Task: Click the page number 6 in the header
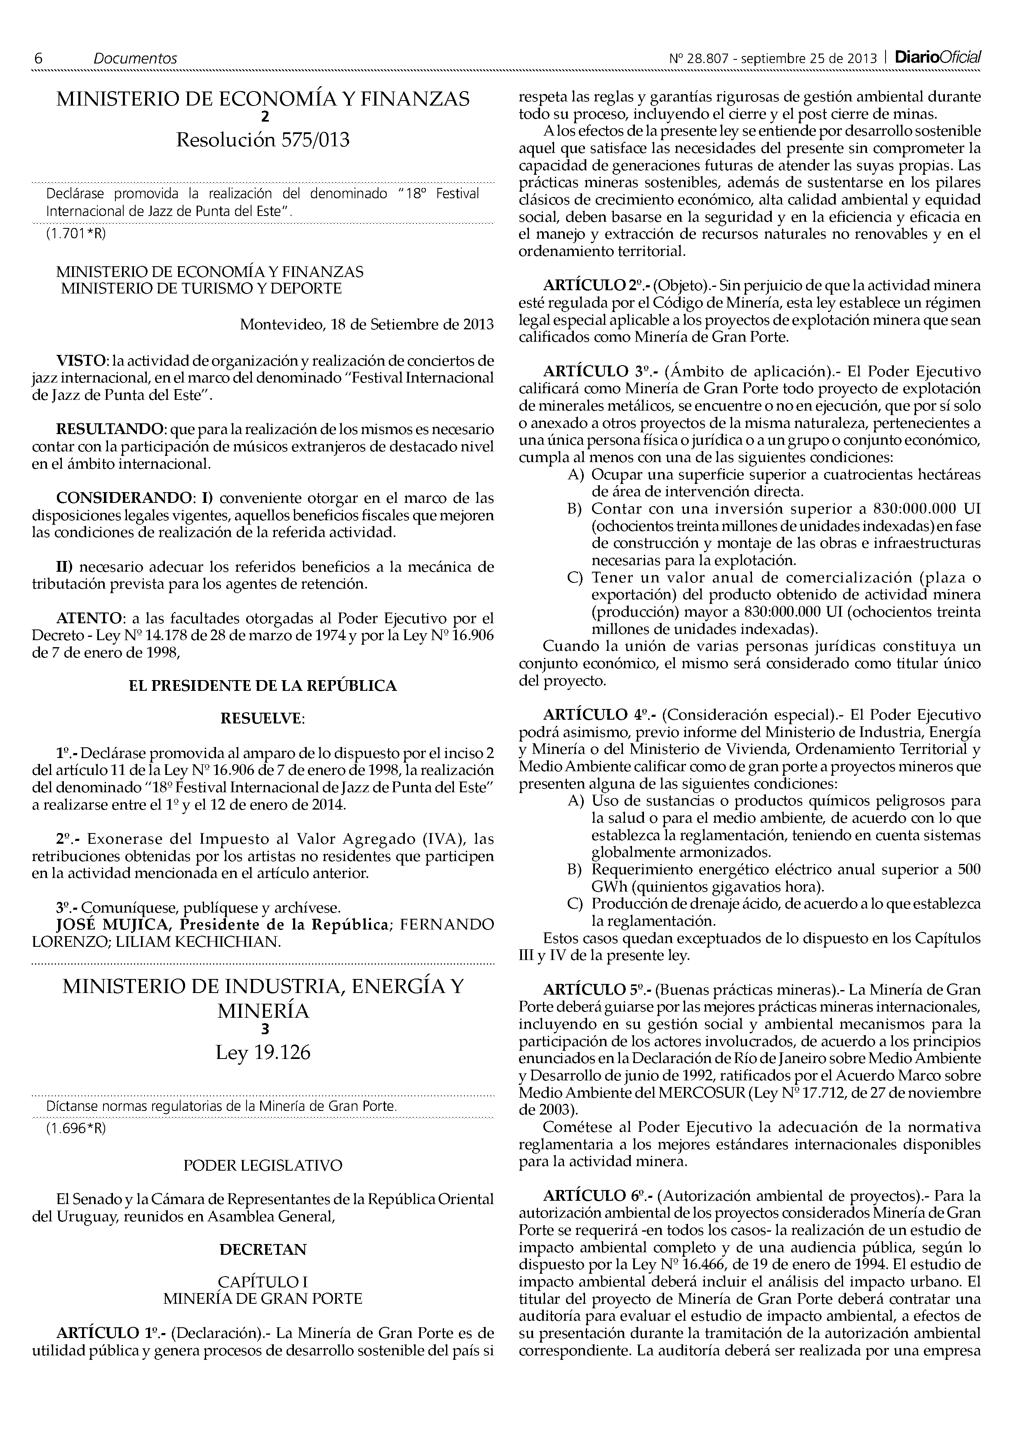click(x=38, y=59)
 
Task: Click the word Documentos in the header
click(x=135, y=59)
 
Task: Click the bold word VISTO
click(x=81, y=361)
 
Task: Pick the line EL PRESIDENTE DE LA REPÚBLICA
click(x=263, y=686)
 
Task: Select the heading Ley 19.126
click(x=263, y=1053)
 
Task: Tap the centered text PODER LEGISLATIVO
click(x=263, y=1165)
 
